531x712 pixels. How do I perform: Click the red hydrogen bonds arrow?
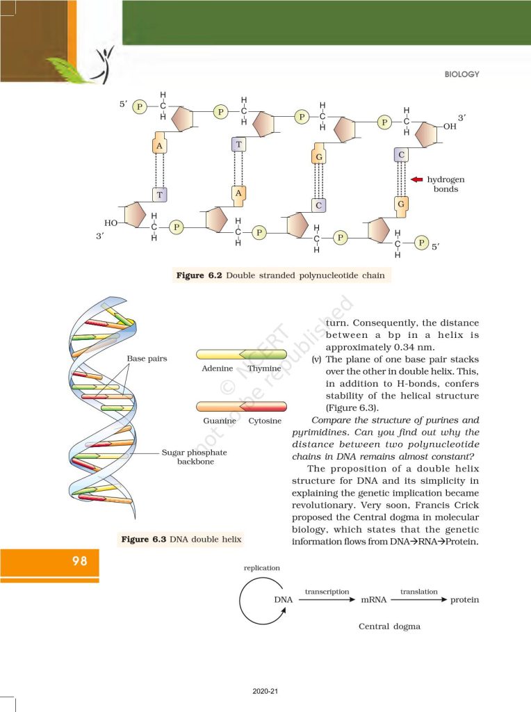click(x=417, y=179)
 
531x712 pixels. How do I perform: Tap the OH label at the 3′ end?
click(x=450, y=127)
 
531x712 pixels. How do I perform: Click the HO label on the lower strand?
click(x=111, y=222)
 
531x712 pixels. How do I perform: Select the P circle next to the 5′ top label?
click(x=140, y=106)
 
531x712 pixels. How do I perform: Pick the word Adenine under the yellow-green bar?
click(x=213, y=368)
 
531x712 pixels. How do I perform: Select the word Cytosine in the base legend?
click(x=265, y=421)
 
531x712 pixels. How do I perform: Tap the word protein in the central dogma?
click(x=464, y=600)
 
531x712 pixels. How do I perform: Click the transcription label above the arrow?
click(x=327, y=592)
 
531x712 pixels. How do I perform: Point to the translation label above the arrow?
click(x=419, y=592)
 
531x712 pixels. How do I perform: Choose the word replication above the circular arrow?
click(x=261, y=568)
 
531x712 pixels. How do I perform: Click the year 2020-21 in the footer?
click(x=265, y=692)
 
